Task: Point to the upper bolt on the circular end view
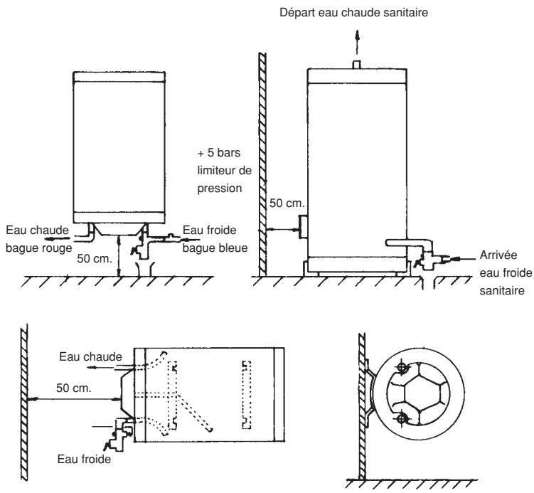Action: coord(403,369)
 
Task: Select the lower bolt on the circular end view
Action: coord(403,418)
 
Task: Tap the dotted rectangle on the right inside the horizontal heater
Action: coord(247,393)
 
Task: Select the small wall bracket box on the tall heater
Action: coord(301,228)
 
